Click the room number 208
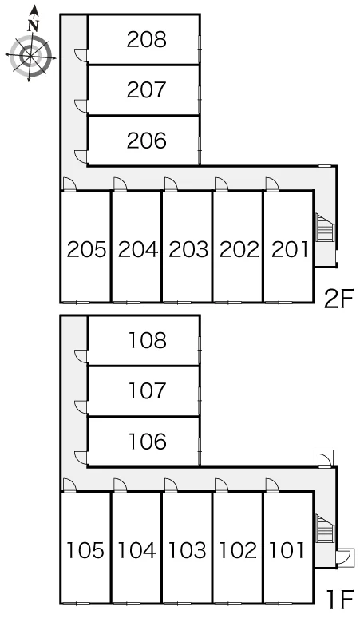pyautogui.click(x=147, y=39)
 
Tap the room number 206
pyautogui.click(x=147, y=141)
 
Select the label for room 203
pyautogui.click(x=188, y=249)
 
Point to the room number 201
pyautogui.click(x=290, y=249)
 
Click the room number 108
pyautogui.click(x=148, y=340)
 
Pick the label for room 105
pyautogui.click(x=85, y=550)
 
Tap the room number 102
pyautogui.click(x=238, y=550)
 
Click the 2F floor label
pyautogui.click(x=338, y=299)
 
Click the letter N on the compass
pyautogui.click(x=34, y=26)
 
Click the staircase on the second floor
pyautogui.click(x=325, y=227)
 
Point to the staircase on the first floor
pyautogui.click(x=325, y=528)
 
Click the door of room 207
pyautogui.click(x=81, y=106)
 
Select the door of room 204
pyautogui.click(x=120, y=184)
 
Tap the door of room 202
pyautogui.click(x=221, y=184)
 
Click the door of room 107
pyautogui.click(x=81, y=407)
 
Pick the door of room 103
pyautogui.click(x=171, y=485)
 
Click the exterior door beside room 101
pyautogui.click(x=346, y=557)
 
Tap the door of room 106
pyautogui.click(x=81, y=458)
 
